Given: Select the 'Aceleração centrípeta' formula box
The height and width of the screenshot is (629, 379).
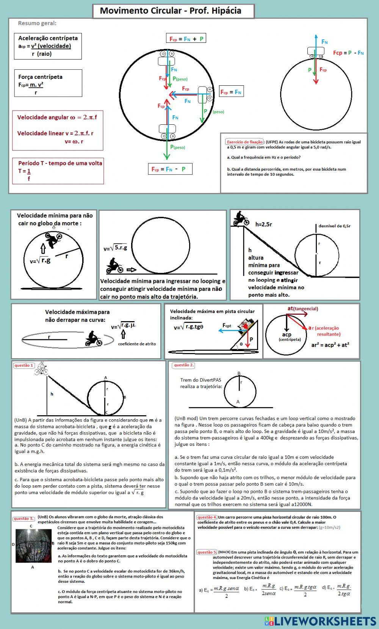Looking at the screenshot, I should coord(48,46).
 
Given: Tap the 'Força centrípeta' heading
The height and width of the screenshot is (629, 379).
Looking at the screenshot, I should coord(40,77).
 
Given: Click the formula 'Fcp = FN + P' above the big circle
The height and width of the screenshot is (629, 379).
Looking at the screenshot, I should coord(186,39).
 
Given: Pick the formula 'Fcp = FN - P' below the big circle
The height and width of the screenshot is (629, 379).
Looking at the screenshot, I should coord(170,169).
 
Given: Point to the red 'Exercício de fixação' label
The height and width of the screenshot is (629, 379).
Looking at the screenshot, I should coord(244,142).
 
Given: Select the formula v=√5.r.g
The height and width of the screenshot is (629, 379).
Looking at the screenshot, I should coord(115,248).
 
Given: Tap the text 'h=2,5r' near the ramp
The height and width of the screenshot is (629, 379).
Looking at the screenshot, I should coord(263,224).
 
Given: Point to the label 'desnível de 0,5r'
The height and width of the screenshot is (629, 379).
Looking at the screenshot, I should coord(334,226).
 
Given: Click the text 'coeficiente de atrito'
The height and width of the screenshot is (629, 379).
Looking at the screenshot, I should coord(137,344).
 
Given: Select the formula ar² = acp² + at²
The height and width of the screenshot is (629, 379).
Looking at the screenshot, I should coord(330,345).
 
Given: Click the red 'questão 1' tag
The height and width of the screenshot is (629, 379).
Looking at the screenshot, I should coord(23,365).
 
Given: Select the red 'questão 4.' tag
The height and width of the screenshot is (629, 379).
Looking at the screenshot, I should coord(207,517).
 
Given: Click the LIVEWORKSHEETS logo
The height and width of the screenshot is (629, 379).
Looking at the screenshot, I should coord(321,621).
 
